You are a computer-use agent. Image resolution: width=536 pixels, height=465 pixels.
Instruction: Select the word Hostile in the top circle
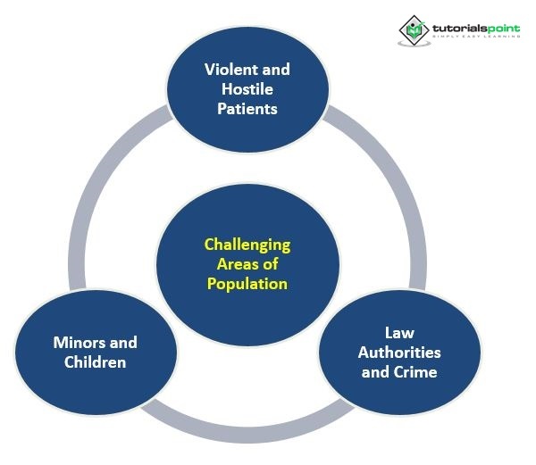(247, 89)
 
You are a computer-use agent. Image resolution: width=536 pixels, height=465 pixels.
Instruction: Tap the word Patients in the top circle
(247, 109)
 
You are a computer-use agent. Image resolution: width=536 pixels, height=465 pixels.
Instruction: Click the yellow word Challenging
(247, 245)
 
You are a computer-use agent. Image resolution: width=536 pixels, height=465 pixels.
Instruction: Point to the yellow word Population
(247, 284)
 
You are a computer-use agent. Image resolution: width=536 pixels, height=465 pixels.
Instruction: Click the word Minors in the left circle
(72, 343)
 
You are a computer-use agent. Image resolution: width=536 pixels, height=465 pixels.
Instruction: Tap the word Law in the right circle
(398, 332)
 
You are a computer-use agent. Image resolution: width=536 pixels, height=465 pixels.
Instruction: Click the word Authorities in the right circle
(398, 352)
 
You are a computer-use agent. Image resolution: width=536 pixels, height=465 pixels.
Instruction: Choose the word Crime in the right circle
(415, 371)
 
